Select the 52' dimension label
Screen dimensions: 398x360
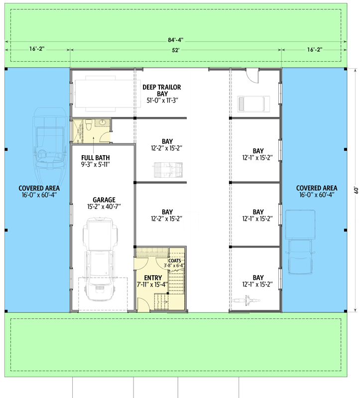[x=176, y=50]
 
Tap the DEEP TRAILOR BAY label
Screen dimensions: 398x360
[x=162, y=90]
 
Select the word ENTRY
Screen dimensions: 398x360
[x=153, y=278]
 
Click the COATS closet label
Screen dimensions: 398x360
[x=175, y=260]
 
